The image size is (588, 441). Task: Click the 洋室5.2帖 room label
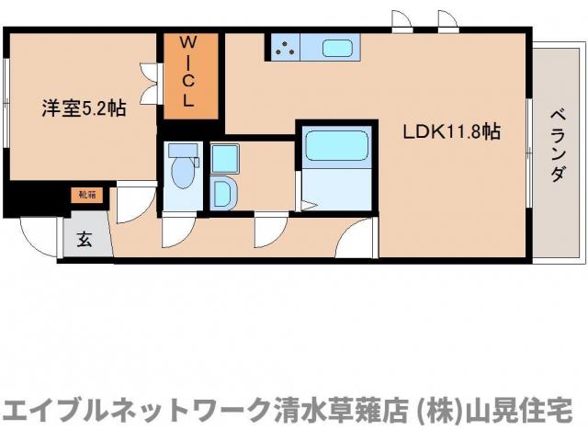[84, 108]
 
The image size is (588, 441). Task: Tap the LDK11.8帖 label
[451, 131]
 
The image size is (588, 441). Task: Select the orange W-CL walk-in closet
[191, 75]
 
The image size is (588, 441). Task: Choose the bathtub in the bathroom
[335, 146]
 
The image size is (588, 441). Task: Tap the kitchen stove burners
[285, 46]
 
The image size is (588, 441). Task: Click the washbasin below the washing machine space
[223, 193]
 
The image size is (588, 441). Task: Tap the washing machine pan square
[224, 158]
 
